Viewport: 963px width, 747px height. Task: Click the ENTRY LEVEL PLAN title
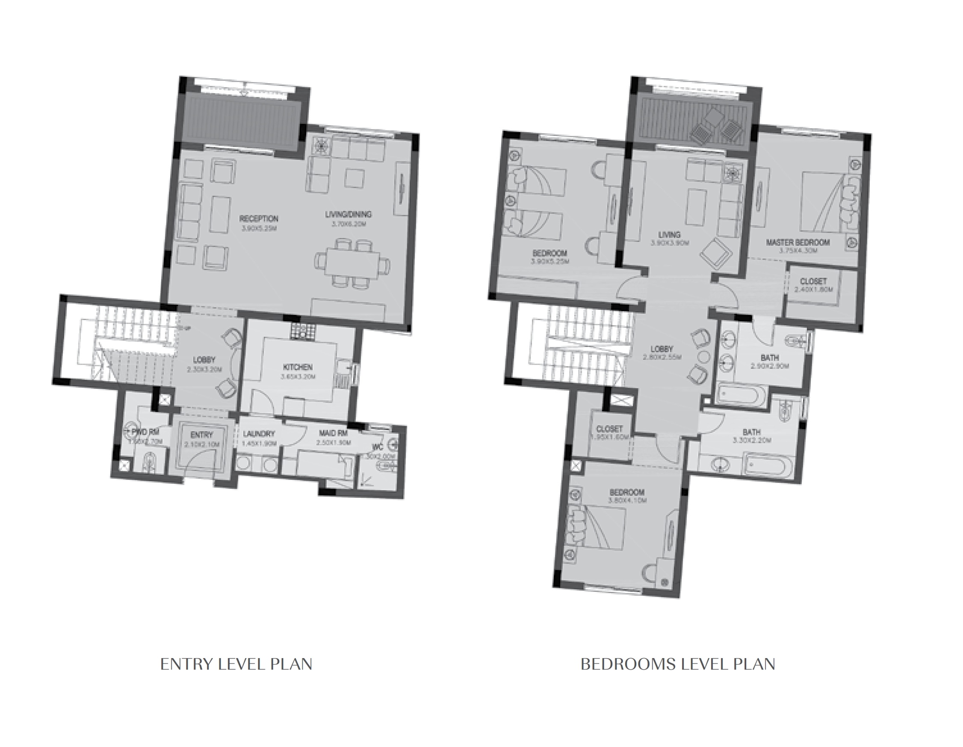(x=236, y=664)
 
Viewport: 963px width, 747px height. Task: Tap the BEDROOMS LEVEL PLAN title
(x=677, y=664)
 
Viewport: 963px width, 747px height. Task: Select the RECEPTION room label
(x=259, y=219)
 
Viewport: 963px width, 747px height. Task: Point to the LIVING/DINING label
(x=348, y=214)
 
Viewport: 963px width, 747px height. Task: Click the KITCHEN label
(x=298, y=367)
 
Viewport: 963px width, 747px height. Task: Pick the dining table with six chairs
(x=352, y=263)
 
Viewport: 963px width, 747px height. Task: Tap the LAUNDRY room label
(x=259, y=434)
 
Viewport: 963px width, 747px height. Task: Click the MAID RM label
(x=334, y=433)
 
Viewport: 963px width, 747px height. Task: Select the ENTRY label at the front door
(x=202, y=435)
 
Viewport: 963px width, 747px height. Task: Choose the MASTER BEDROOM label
(x=798, y=242)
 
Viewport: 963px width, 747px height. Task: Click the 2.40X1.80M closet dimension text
(x=813, y=290)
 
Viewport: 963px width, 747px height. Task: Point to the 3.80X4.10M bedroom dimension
(x=627, y=501)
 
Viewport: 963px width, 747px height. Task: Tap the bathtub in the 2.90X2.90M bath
(x=740, y=395)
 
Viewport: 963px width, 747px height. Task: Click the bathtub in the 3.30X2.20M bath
(x=768, y=468)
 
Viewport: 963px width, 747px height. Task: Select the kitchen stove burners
(x=303, y=332)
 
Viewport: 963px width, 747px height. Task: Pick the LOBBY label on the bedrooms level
(x=662, y=349)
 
